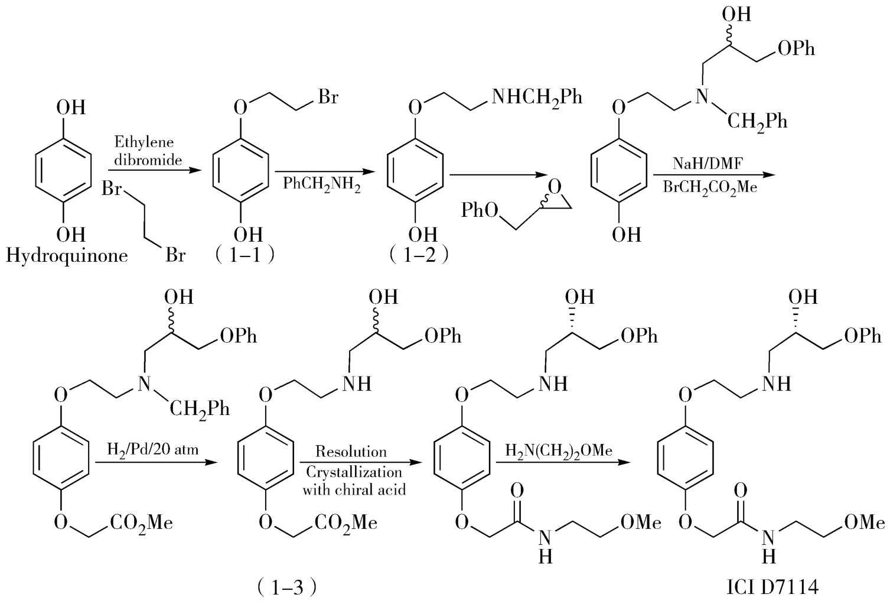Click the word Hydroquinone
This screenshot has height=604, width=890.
[67, 256]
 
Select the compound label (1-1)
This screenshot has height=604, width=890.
[244, 255]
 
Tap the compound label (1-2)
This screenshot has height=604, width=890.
[419, 255]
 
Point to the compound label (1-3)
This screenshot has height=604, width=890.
[288, 586]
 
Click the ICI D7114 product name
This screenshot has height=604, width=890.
[772, 587]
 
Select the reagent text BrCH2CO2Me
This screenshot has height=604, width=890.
[709, 188]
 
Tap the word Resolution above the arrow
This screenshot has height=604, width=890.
[351, 452]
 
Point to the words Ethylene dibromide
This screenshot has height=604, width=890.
[144, 151]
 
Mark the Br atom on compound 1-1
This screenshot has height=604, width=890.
[328, 96]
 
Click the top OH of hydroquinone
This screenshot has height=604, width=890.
[70, 108]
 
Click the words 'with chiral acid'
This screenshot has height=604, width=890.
[354, 489]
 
